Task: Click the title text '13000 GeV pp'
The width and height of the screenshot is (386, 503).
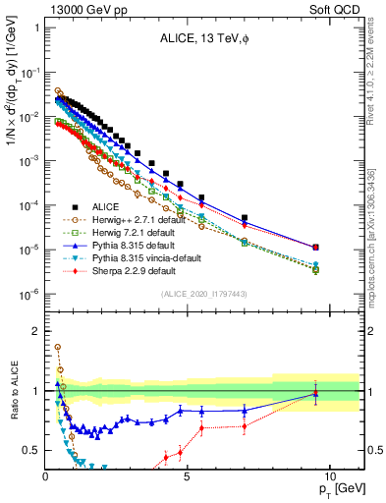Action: point(81,8)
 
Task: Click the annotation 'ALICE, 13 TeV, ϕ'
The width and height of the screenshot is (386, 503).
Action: point(202,39)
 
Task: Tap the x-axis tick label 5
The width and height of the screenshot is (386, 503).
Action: point(188,475)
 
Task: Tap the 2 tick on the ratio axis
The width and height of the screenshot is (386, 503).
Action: point(36,331)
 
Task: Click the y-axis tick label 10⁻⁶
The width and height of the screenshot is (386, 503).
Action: point(29,294)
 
